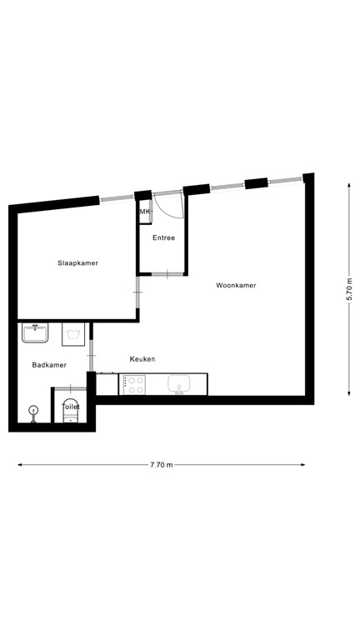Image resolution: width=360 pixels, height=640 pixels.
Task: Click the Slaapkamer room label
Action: tap(77, 263)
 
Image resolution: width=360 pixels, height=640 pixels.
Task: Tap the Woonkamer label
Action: tap(236, 285)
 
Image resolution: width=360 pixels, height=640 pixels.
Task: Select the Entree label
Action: tap(163, 238)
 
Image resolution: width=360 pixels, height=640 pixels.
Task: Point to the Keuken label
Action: tap(142, 359)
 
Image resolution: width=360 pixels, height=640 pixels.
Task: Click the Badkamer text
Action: tap(49, 365)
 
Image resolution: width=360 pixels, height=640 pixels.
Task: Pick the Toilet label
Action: tap(71, 407)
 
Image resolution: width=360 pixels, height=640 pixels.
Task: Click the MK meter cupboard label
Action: tap(145, 212)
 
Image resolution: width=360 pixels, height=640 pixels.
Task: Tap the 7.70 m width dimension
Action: tap(162, 465)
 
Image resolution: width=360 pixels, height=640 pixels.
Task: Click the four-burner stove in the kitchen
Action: tap(134, 384)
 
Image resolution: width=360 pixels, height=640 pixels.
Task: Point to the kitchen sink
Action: tap(180, 384)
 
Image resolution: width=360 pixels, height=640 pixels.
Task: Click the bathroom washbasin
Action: tap(37, 333)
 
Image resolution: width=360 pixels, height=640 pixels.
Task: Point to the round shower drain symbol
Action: tap(33, 409)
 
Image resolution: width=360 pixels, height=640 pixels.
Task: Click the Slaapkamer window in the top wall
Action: tap(117, 198)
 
